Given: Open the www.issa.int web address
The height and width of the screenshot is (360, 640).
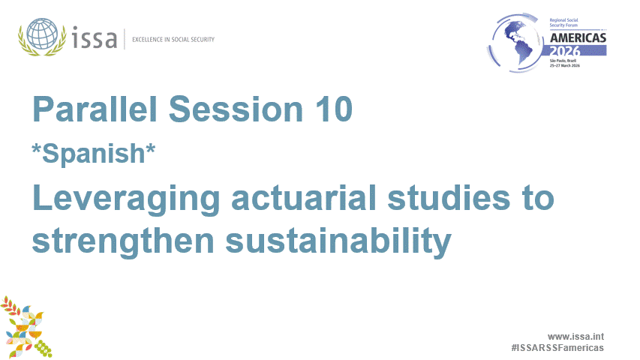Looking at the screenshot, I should [575, 336].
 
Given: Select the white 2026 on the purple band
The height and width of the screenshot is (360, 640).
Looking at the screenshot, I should [578, 51].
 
